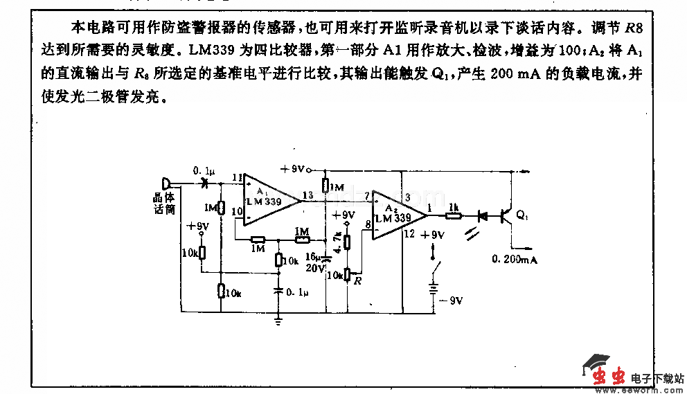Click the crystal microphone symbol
[x=166, y=184]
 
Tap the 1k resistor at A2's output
[x=454, y=215]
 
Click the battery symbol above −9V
[x=434, y=291]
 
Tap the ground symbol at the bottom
[x=278, y=320]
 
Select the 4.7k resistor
[x=347, y=242]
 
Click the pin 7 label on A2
[x=366, y=197]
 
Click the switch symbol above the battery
[x=434, y=267]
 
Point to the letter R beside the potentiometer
[x=357, y=280]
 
